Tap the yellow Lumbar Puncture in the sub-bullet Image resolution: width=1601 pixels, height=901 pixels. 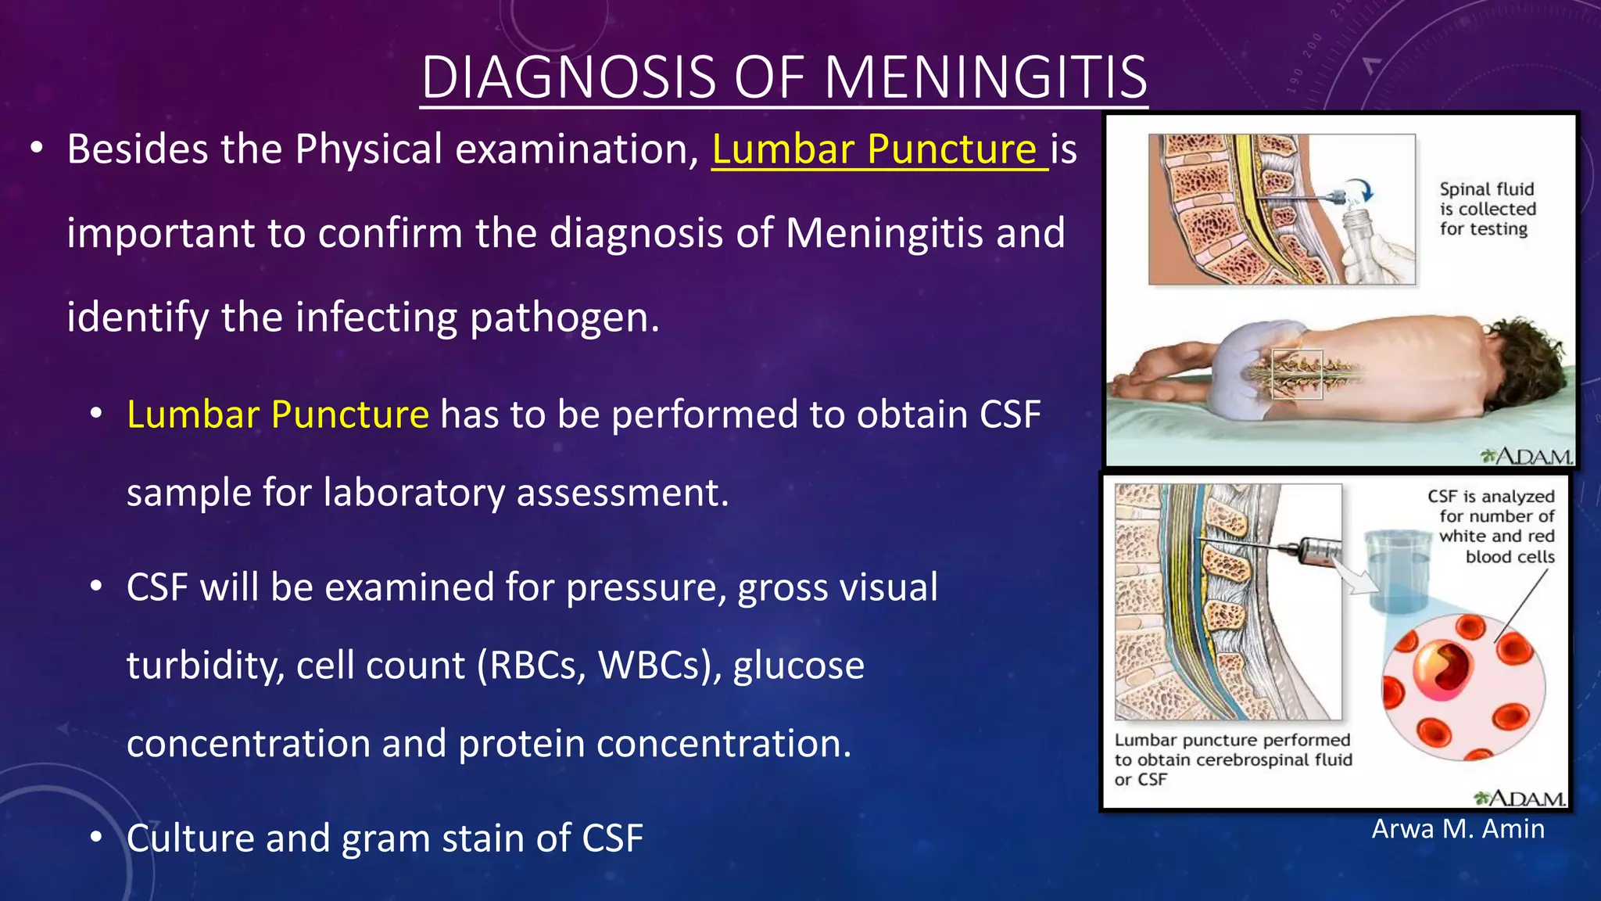[x=278, y=415]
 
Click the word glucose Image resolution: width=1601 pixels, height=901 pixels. [x=799, y=666]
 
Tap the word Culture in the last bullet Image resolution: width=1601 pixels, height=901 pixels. [x=190, y=838]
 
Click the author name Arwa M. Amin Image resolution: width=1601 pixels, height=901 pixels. [x=1458, y=829]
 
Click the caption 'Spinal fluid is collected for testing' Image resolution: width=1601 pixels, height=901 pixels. [x=1487, y=209]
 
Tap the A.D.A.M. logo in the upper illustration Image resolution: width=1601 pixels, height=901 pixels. [x=1526, y=456]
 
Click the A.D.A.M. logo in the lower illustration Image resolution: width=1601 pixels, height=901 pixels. [x=1520, y=799]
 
